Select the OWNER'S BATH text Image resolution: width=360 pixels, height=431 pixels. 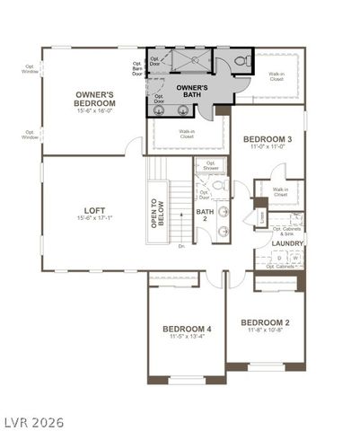click(191, 91)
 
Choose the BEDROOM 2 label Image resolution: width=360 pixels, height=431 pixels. click(265, 322)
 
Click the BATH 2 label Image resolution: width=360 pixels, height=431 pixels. click(206, 216)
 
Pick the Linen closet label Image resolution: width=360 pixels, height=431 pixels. click(261, 217)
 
